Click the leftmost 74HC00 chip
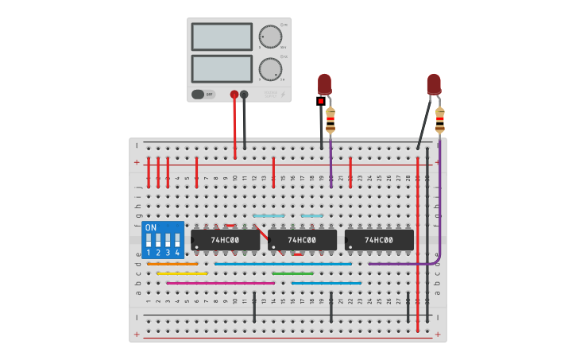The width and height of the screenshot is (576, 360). [225, 239]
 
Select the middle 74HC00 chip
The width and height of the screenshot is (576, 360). [302, 239]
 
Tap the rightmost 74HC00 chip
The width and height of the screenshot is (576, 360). [379, 239]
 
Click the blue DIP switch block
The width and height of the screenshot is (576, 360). [164, 239]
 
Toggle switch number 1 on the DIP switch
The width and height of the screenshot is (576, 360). [149, 240]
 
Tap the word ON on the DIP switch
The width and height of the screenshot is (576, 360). [151, 227]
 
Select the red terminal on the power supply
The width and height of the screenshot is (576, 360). [234, 94]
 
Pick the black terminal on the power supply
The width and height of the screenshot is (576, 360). [244, 94]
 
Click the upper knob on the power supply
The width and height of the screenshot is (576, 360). [270, 37]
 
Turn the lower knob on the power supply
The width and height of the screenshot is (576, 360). [270, 69]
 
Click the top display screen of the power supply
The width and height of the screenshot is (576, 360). [222, 37]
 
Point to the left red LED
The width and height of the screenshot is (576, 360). [324, 83]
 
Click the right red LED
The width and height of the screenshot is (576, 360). [433, 83]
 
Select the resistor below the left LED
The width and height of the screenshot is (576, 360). [331, 120]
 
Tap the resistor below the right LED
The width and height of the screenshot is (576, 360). [439, 120]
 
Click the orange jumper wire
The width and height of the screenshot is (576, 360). [172, 264]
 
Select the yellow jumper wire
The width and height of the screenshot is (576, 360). [182, 273]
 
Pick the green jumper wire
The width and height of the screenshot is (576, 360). [292, 273]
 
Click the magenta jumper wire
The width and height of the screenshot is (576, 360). [220, 283]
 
